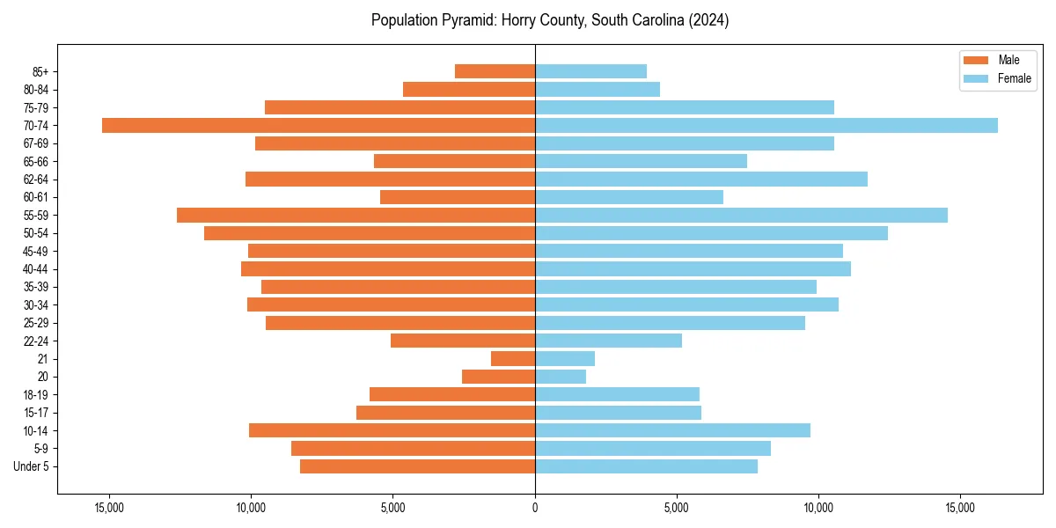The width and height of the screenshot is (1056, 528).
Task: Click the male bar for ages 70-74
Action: click(319, 125)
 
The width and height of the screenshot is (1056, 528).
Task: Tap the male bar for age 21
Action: click(513, 359)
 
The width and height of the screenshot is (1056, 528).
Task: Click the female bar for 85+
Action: click(590, 71)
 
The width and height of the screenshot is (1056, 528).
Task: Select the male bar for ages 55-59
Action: click(356, 215)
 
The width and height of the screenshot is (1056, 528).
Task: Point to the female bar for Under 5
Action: click(646, 466)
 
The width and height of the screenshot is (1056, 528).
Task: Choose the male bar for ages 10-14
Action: click(392, 430)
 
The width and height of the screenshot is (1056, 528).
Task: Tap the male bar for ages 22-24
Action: click(463, 341)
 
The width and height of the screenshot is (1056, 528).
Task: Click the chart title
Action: click(549, 20)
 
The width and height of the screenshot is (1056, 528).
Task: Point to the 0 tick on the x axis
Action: click(535, 508)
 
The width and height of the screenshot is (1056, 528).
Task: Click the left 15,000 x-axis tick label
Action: click(110, 508)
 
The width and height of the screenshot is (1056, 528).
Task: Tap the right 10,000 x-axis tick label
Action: click(818, 508)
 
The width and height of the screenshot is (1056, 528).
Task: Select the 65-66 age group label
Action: click(36, 161)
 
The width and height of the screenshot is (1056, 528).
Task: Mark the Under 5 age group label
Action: click(31, 466)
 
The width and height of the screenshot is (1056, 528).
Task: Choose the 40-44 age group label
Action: click(36, 269)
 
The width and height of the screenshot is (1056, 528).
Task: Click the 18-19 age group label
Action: click(36, 394)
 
